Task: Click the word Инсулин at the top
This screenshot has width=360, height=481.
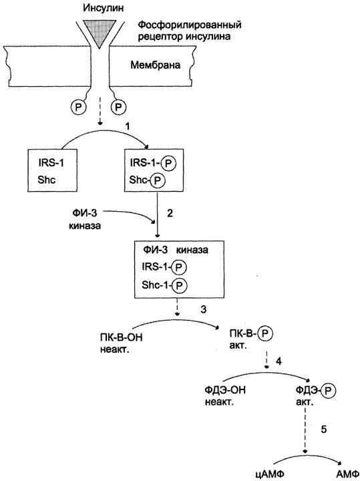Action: (104, 7)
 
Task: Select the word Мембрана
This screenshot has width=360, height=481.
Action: (156, 65)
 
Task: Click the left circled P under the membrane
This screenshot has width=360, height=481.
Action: (79, 108)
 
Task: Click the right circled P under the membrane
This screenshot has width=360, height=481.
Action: (118, 108)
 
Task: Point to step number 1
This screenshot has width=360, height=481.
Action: (128, 126)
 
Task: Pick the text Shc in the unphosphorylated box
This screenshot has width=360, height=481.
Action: (47, 180)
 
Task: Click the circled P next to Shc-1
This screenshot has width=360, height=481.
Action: (180, 286)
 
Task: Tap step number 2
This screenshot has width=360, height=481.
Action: (170, 213)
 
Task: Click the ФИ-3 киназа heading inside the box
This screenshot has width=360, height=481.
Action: (176, 250)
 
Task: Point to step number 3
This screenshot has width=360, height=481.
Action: (203, 309)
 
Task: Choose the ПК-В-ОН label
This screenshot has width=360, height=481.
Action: (121, 338)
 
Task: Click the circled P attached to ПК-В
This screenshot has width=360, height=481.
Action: (265, 333)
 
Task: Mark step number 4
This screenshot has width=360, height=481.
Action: (279, 361)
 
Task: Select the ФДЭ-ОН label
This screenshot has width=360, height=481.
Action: (225, 390)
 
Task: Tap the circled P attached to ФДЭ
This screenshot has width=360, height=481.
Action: (329, 391)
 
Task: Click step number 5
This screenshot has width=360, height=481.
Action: (324, 430)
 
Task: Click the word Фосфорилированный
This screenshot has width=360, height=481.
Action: (190, 25)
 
